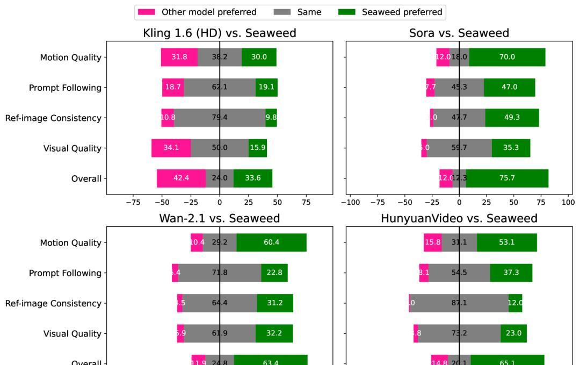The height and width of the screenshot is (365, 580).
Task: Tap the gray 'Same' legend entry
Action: click(x=298, y=12)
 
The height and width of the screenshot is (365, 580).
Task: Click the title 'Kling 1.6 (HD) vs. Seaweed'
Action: click(x=219, y=33)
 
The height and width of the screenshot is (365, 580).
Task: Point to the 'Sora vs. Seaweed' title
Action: click(x=459, y=33)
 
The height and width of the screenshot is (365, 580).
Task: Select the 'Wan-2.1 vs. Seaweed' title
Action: click(x=219, y=218)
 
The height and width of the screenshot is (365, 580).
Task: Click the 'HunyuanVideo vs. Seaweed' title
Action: click(x=459, y=218)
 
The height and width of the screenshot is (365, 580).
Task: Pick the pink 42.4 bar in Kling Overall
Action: click(x=181, y=178)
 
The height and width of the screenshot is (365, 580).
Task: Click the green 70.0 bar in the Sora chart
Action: click(x=507, y=57)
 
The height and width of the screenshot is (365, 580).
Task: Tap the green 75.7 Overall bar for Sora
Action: click(x=507, y=178)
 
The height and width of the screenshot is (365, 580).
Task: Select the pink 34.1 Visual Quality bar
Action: click(x=171, y=148)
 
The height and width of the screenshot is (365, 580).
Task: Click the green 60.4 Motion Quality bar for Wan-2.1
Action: click(x=271, y=242)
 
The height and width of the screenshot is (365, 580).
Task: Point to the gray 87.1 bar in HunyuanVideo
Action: click(x=459, y=303)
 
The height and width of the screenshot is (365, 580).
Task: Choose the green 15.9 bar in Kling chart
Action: click(x=258, y=148)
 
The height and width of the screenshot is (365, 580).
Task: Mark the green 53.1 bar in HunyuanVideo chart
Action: click(x=506, y=242)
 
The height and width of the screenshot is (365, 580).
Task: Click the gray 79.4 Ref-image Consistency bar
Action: click(x=220, y=118)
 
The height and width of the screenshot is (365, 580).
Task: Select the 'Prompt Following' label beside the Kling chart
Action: click(x=65, y=88)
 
